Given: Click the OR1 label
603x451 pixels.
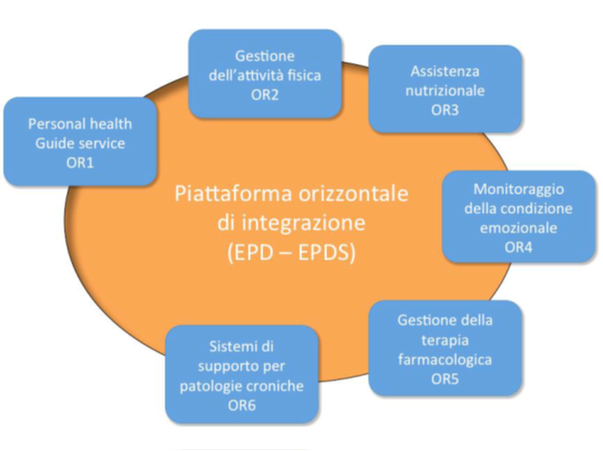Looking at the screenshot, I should coord(80,163).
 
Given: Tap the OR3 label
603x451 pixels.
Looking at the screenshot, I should coord(445,109).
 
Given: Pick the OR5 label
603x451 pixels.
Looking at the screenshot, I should coord(446,377).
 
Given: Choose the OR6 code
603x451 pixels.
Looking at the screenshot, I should coord(242,405).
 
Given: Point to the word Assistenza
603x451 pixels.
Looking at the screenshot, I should coord(445,72).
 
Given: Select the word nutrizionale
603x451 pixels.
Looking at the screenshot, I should coord(445,90).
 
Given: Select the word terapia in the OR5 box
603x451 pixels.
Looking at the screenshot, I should coord(446,339).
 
